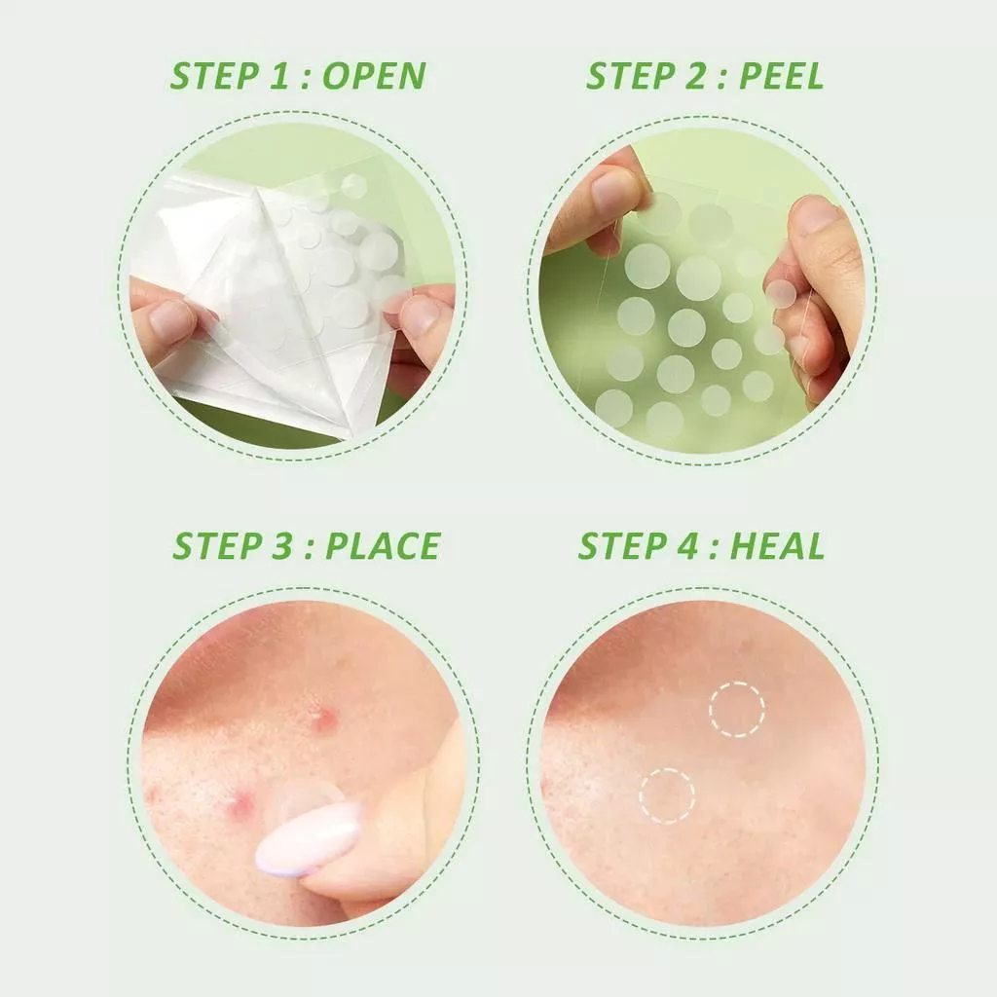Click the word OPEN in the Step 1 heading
[374, 76]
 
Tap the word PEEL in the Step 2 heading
[781, 76]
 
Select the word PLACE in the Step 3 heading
[383, 545]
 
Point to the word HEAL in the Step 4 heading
[777, 545]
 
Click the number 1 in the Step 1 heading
[269, 76]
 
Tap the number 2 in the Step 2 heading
[695, 76]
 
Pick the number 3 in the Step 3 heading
[281, 545]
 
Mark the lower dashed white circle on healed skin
[667, 769]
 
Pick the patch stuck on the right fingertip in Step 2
[781, 294]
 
